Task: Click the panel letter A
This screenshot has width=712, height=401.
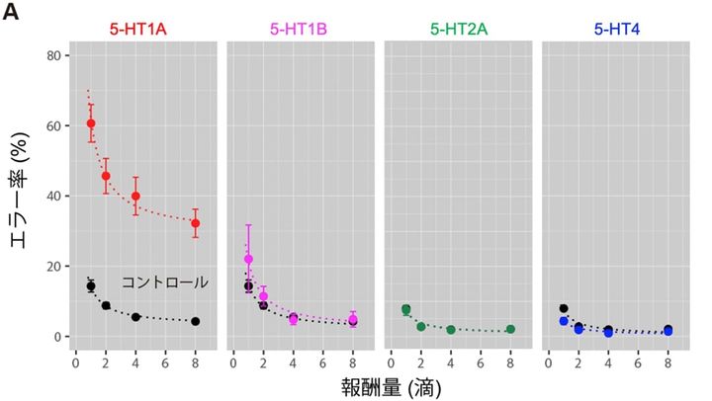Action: pos(12,14)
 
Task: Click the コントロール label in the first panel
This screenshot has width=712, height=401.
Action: pos(164,282)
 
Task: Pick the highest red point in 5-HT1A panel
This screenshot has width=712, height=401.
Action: pos(91,124)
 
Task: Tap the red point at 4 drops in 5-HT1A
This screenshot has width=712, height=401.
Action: pos(135,197)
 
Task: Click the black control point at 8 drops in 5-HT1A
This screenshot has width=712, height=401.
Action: pos(196,321)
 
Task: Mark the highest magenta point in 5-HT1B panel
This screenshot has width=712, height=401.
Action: pos(248,259)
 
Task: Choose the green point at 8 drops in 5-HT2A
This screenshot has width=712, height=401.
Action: pos(510,329)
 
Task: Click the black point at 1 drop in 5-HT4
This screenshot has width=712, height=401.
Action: pos(564,308)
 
